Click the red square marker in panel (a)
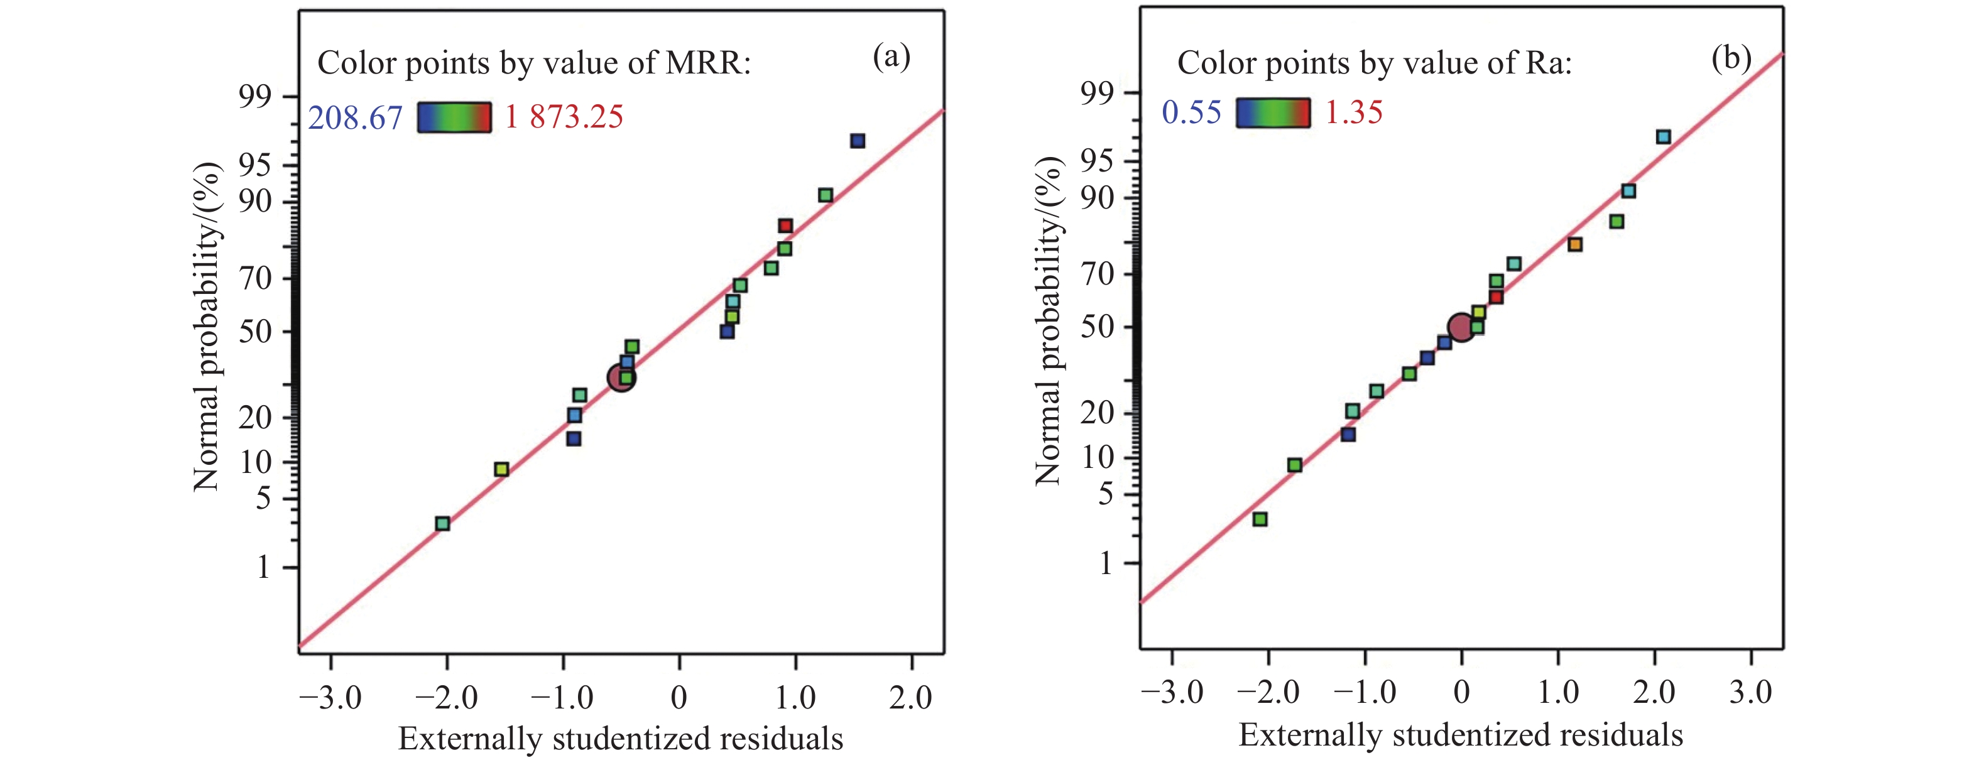[x=785, y=225]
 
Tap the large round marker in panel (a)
[x=621, y=377]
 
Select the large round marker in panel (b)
[x=1461, y=328]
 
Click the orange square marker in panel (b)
[x=1575, y=245]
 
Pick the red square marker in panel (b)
[x=1496, y=297]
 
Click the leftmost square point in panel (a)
[x=442, y=524]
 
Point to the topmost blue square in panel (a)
[x=858, y=141]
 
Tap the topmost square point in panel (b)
[x=1663, y=137]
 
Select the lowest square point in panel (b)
[x=1260, y=519]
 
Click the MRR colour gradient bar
[x=454, y=117]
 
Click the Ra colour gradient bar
[x=1273, y=113]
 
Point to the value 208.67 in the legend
[x=355, y=118]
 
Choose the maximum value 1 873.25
[x=564, y=117]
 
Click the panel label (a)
[x=891, y=56]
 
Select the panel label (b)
[x=1731, y=58]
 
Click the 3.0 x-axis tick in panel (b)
[x=1751, y=692]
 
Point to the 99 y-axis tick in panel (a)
[x=255, y=97]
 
